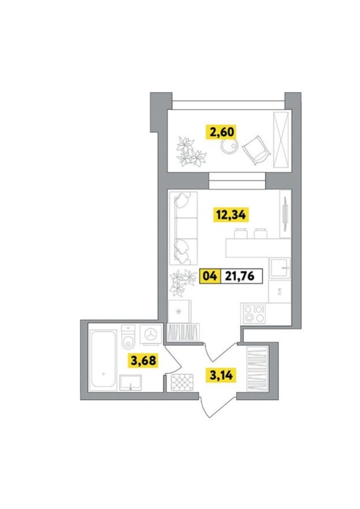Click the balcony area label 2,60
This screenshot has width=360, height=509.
coord(222,132)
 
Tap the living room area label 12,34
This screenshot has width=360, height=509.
coord(231,215)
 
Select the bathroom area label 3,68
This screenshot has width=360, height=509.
coord(143,360)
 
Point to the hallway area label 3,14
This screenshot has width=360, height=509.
coord(221,375)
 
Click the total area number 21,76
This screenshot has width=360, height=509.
coord(240,276)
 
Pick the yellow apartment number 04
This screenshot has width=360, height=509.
coord(210,276)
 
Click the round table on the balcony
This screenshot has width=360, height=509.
coord(229,146)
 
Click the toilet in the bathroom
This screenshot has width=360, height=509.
coord(128,335)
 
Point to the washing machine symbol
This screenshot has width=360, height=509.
coord(151,334)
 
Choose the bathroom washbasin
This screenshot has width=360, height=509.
coord(131,383)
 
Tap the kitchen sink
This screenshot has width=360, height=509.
coord(280,268)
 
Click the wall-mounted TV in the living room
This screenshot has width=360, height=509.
coord(285,214)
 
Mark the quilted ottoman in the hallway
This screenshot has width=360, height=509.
coord(182,382)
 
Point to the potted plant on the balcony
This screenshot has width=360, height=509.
coord(191,152)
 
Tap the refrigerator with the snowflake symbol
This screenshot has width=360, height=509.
coord(179,311)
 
